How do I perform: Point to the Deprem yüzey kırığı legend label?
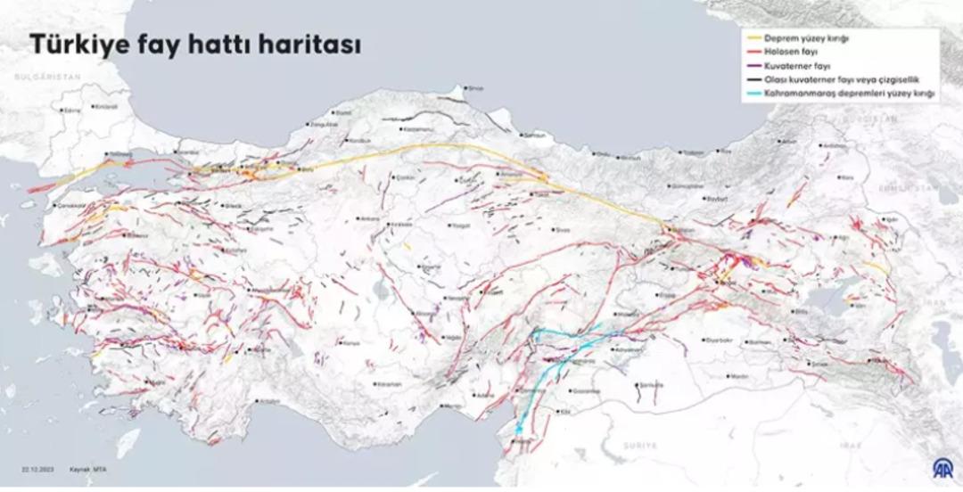(x=807, y=39)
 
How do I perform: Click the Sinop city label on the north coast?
(x=475, y=87)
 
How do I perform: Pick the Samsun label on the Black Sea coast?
(x=535, y=135)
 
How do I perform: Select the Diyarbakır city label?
(x=719, y=340)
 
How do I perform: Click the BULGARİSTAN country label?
(x=41, y=78)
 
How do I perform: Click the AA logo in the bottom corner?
(x=941, y=466)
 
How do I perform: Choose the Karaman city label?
(x=389, y=383)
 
